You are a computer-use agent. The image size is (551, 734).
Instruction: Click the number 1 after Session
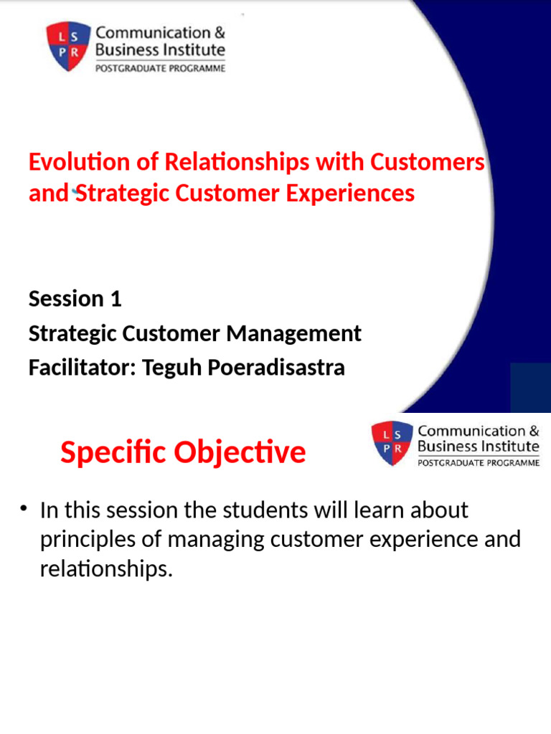pos(115,299)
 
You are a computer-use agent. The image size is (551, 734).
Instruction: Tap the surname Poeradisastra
pos(277,368)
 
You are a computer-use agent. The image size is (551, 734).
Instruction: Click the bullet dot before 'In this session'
pos(24,509)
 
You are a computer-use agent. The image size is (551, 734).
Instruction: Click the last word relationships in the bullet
pos(106,570)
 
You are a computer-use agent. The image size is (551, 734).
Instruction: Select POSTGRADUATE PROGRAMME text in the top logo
pos(161,69)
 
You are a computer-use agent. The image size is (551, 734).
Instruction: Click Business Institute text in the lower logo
pos(478,446)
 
